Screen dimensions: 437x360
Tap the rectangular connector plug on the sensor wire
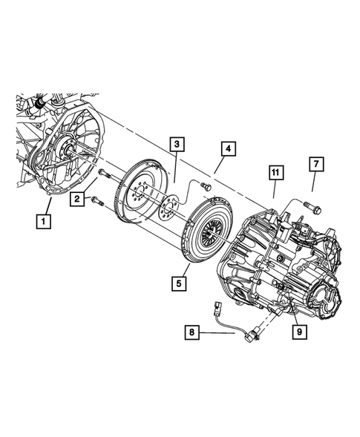coord(217,306)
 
